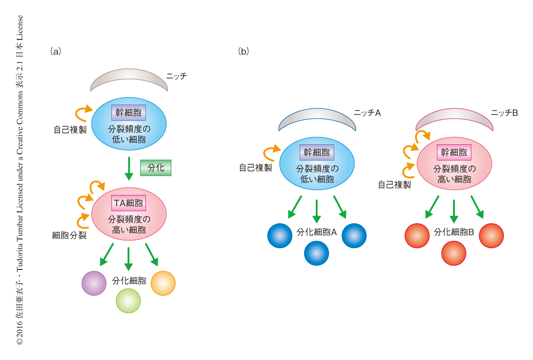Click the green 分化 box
[x=155, y=168]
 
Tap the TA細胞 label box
[x=129, y=203]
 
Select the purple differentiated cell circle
[x=94, y=283]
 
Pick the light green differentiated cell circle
[x=128, y=301]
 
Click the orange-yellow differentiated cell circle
[x=163, y=283]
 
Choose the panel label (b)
[x=243, y=51]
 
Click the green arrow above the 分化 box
[x=129, y=168]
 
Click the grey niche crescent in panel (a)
[x=129, y=79]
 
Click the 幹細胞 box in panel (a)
[x=128, y=113]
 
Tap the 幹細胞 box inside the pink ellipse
[x=454, y=153]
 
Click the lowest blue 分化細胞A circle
[x=316, y=253]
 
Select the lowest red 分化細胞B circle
[x=453, y=253]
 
